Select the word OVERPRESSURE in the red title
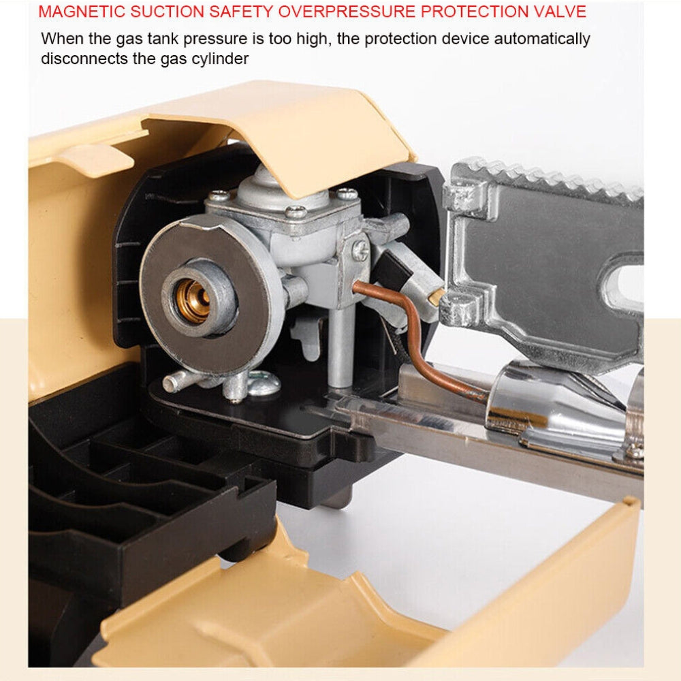[x=347, y=12]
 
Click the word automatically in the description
[x=542, y=39]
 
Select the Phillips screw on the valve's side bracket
[x=361, y=250]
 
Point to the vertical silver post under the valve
[x=341, y=347]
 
